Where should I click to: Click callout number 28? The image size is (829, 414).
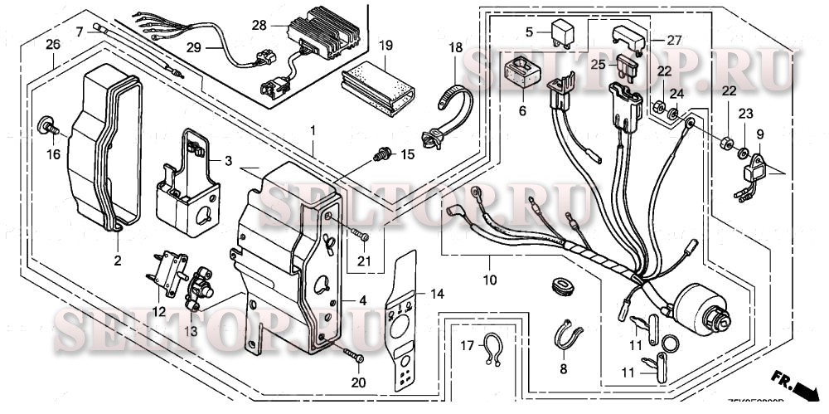click(259, 26)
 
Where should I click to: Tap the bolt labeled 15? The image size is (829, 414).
click(382, 153)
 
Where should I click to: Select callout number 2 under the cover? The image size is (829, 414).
click(117, 260)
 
